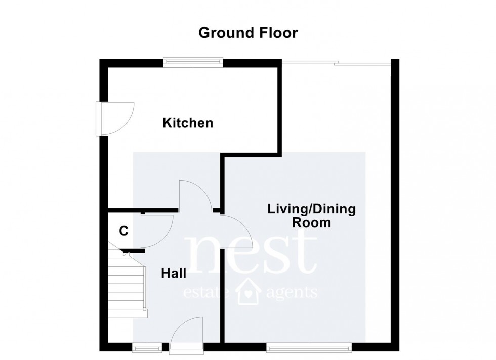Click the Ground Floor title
[x=248, y=33]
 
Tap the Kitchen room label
[x=187, y=123]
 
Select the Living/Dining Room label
[x=311, y=215]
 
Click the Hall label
[x=174, y=274]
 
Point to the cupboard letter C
[x=123, y=231]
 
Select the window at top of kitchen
[x=193, y=62]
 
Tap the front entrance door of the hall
[x=186, y=334]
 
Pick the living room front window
[x=309, y=347]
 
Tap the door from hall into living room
[x=236, y=231]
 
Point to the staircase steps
[x=127, y=283]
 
